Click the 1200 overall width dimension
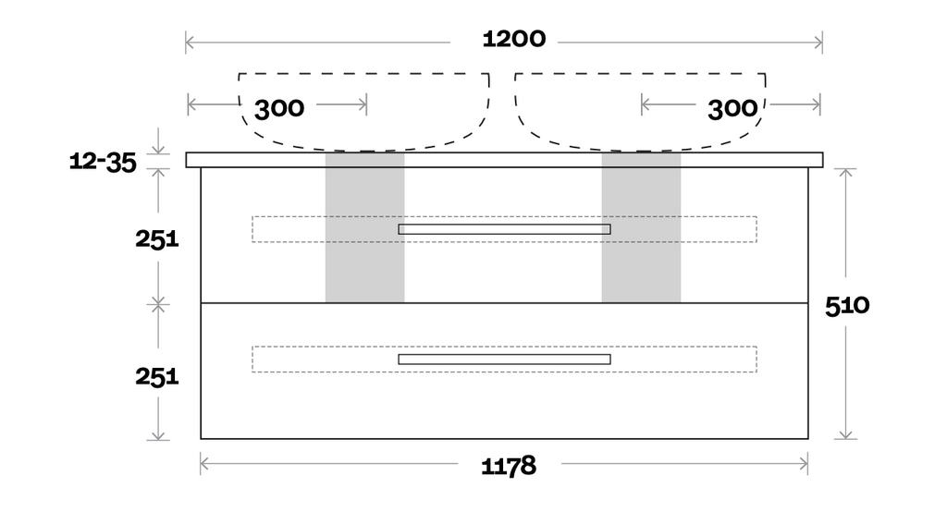tap(514, 40)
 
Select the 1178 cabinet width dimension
tap(509, 466)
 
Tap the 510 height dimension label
tap(847, 305)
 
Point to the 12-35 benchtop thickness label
tap(103, 163)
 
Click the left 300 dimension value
tap(279, 108)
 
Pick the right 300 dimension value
tap(732, 108)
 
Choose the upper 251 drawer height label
tap(157, 238)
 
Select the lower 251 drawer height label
tap(157, 376)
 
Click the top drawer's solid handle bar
tap(504, 229)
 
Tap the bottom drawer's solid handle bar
tap(504, 359)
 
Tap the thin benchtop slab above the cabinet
tap(504, 160)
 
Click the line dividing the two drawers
tap(504, 303)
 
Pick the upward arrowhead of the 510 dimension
tap(845, 172)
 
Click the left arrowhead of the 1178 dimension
tap(203, 464)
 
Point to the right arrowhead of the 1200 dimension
tap(819, 42)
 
